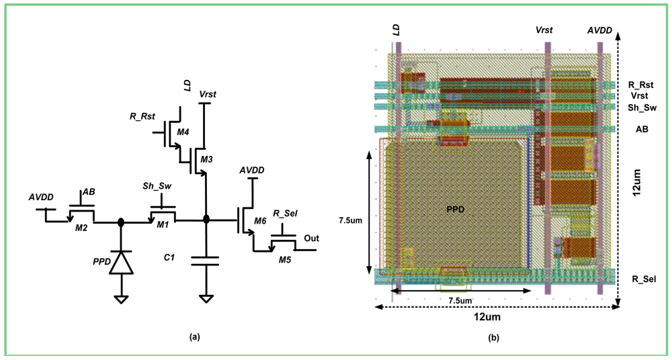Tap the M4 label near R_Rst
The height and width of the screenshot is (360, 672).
[182, 132]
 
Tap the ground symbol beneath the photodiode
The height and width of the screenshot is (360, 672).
[122, 299]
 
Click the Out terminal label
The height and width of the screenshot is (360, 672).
[311, 238]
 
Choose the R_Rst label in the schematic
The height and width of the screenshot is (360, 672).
[142, 116]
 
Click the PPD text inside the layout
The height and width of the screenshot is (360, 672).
[456, 209]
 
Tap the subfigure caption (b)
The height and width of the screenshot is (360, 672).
[493, 338]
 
